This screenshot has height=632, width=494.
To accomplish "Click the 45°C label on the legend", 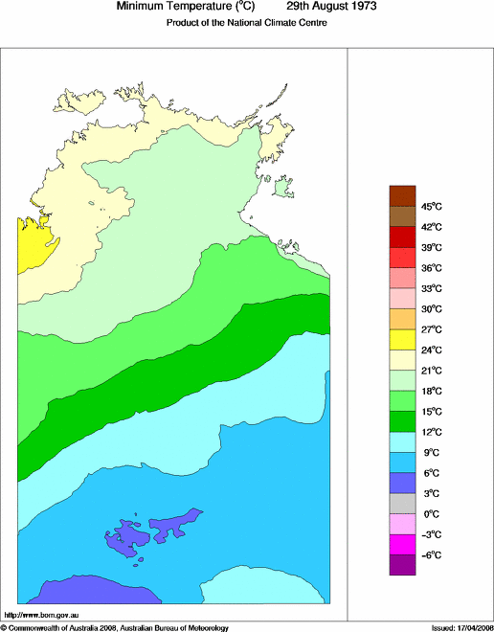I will [431, 207].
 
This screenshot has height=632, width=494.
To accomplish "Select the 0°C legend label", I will [431, 514].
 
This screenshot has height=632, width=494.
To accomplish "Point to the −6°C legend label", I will [431, 555].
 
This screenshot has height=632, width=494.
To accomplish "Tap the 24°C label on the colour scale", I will [431, 350].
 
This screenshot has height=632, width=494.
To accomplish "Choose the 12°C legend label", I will [431, 432].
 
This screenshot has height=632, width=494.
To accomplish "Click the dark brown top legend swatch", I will [403, 195].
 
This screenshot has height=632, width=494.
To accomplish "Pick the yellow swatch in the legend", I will [403, 339].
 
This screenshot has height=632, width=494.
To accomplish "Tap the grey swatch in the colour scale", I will [403, 503].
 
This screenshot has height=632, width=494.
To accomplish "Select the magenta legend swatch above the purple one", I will [403, 544].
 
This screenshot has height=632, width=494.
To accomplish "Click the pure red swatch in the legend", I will [403, 237].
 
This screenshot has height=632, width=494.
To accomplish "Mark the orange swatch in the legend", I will [403, 318].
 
